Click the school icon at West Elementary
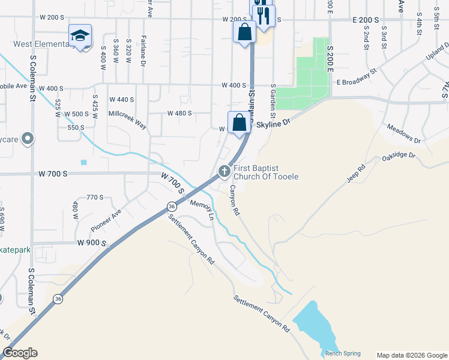coord(80,35)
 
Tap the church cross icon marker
coord(224,172)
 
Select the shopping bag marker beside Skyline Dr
coord(239,122)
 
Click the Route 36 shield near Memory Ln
coord(172,206)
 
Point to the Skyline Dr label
coord(273,122)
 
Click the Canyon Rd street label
coord(235,200)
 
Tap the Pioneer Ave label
coord(106,220)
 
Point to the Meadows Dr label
coord(403,134)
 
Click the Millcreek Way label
coord(128,118)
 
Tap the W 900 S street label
coord(91,243)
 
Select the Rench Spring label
coord(341,354)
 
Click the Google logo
coord(19,353)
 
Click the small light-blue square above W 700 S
coord(83,162)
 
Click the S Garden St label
coord(273,101)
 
